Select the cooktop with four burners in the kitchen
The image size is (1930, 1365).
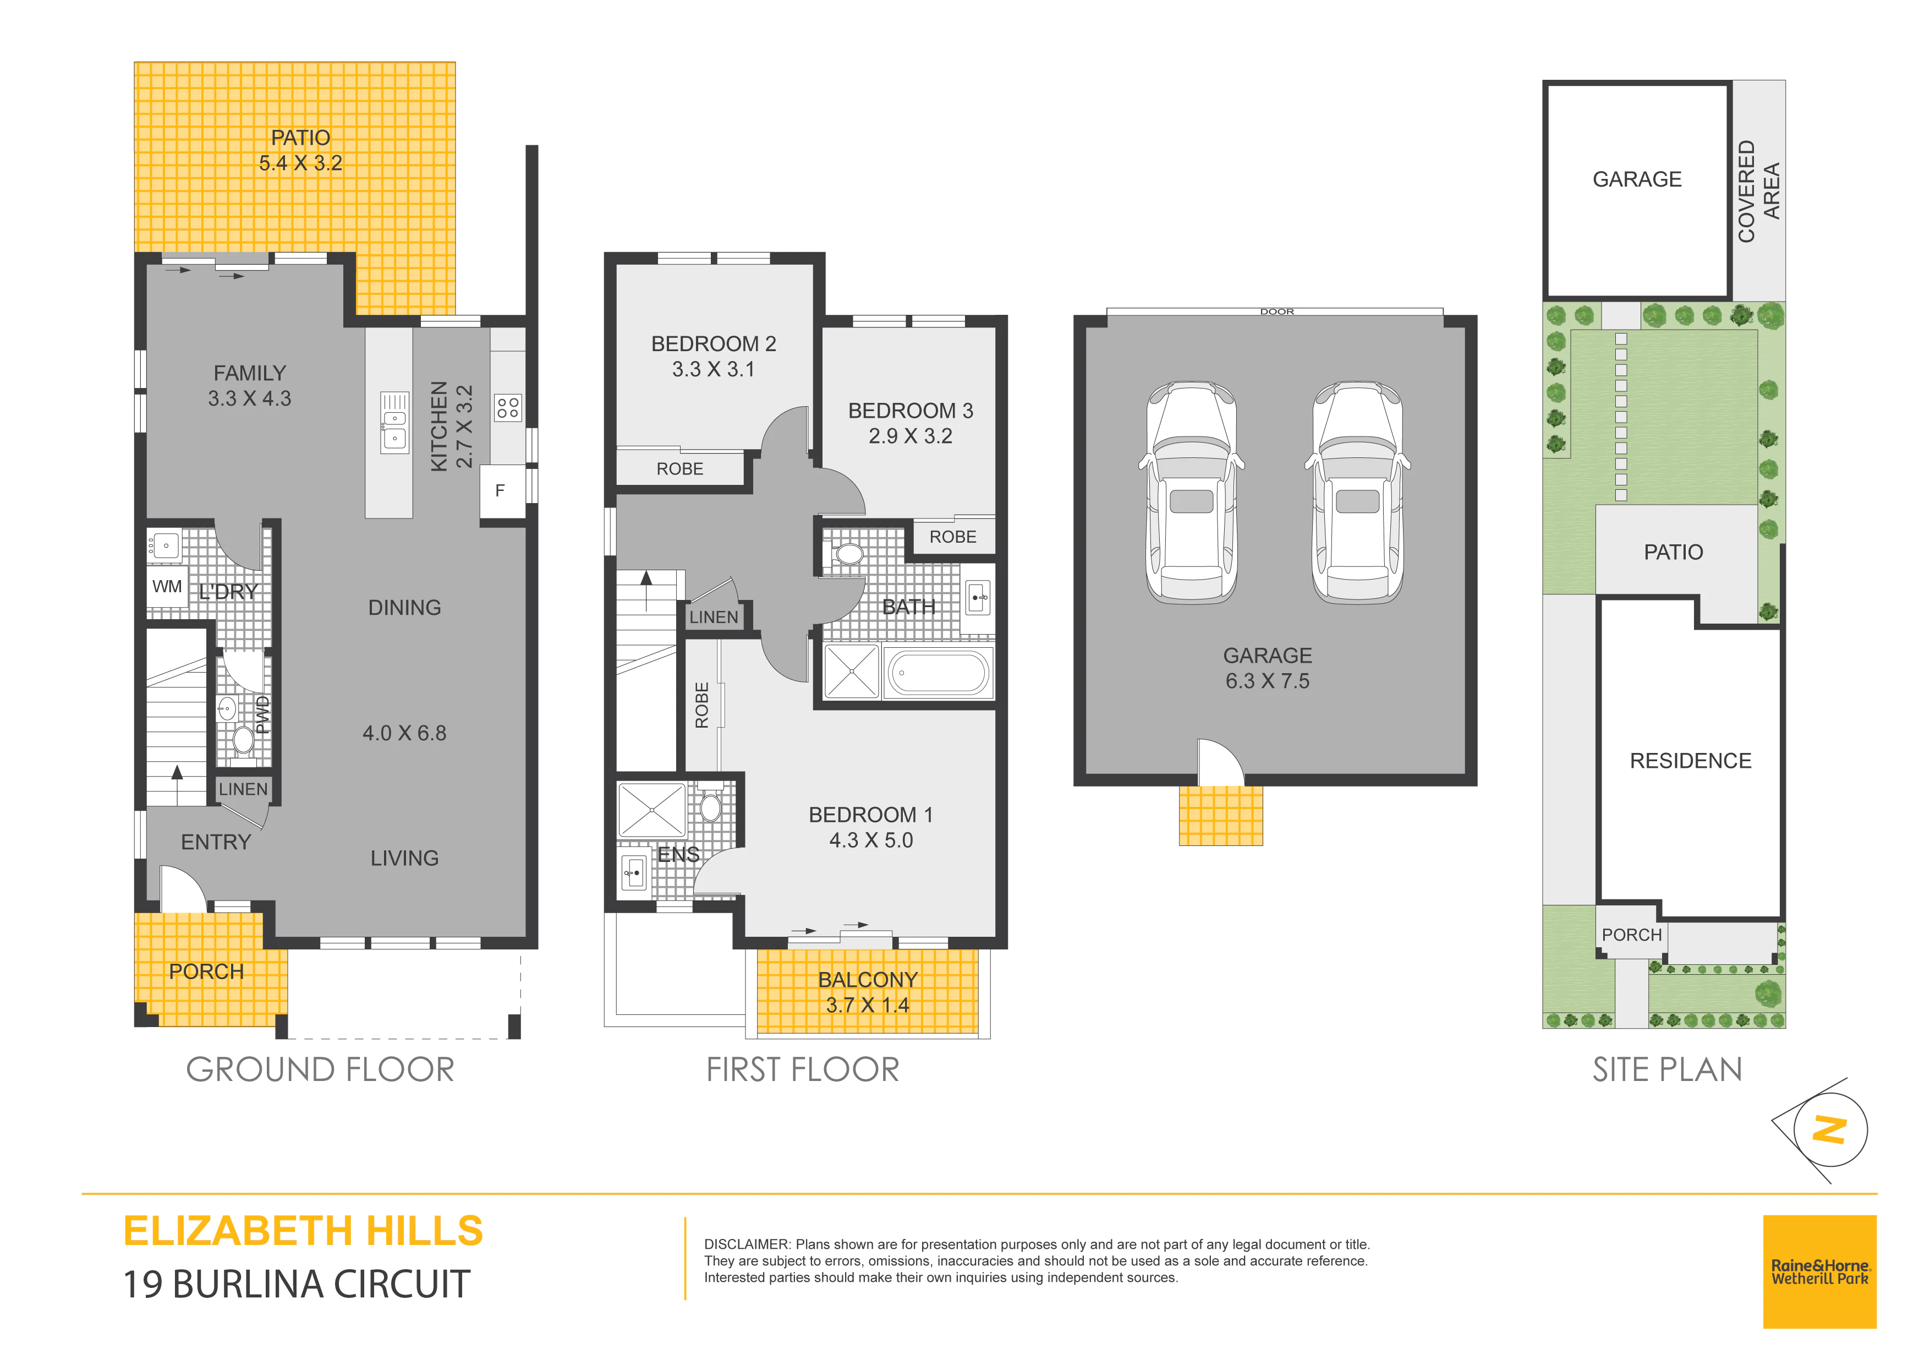508,408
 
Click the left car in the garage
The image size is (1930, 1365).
1191,492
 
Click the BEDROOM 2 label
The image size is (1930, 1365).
714,344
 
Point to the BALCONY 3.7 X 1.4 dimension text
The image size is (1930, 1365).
868,1005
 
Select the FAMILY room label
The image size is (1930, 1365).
250,373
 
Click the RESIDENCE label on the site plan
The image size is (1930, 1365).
1691,761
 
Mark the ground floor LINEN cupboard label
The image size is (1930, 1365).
243,789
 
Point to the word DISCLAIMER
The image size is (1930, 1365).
747,1244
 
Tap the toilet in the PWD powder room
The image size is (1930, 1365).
244,740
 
